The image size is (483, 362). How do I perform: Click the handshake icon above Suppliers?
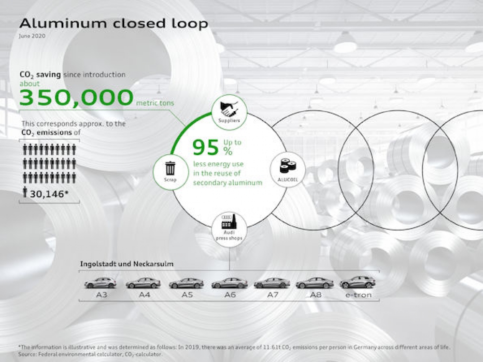[x=229, y=108]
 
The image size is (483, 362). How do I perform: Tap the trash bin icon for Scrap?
[x=170, y=169]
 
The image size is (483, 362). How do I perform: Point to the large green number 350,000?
[x=76, y=97]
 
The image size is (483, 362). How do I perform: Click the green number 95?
[x=206, y=148]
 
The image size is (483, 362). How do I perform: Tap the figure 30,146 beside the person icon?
[x=49, y=194]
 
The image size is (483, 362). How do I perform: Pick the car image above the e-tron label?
[x=358, y=282]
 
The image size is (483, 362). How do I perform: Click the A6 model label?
[x=230, y=295]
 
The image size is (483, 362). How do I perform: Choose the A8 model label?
[x=316, y=295]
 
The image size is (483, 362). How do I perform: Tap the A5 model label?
[x=187, y=295]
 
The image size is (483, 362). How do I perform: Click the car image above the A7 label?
[x=271, y=283]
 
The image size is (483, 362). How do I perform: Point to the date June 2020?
[x=32, y=36]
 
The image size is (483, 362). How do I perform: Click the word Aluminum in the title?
[x=63, y=23]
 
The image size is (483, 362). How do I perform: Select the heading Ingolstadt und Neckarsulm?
[x=127, y=264]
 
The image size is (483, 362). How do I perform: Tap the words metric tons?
[x=155, y=102]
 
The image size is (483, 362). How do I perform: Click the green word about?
[x=29, y=84]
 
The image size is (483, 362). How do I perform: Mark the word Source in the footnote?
[x=27, y=354]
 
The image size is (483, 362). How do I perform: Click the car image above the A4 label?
[x=143, y=283]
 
